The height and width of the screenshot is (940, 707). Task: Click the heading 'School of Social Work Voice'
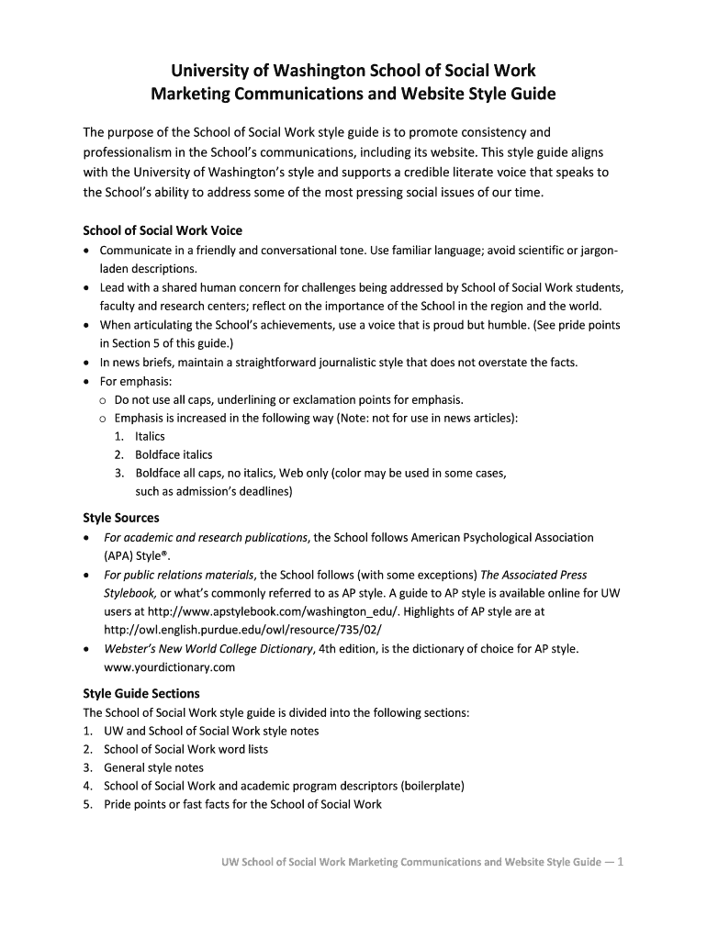pos(163,230)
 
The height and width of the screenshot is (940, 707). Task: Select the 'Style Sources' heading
pos(121,518)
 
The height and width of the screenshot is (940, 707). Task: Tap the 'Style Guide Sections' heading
pos(141,693)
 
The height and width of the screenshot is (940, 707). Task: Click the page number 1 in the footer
pos(622,862)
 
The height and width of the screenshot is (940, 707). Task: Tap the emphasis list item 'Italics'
pos(150,436)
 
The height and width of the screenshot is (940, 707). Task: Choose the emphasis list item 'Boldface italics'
pos(174,454)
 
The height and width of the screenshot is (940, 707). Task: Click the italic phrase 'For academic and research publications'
pos(206,537)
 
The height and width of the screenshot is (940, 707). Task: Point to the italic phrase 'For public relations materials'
pos(180,575)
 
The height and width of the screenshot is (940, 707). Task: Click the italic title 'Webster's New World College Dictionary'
pos(208,649)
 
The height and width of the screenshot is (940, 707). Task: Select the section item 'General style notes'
pos(153,767)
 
